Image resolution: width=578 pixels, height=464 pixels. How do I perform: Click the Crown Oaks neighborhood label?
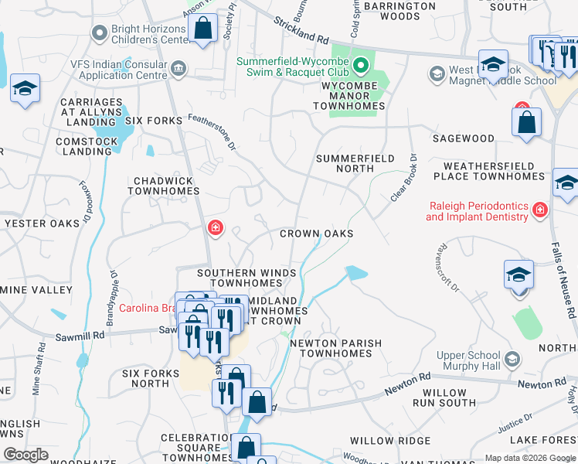(316, 234)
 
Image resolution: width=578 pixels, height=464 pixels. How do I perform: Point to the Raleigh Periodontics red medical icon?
(539, 209)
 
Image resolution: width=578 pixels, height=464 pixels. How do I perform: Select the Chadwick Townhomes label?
(164, 185)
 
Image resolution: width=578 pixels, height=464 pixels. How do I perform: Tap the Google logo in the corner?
(25, 455)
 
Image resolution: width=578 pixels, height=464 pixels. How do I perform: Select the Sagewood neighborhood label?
(464, 138)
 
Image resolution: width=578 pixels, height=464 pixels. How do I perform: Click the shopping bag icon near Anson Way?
(202, 30)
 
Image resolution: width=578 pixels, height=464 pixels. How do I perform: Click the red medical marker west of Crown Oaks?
(215, 227)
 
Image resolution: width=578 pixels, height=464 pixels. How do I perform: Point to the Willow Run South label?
(444, 397)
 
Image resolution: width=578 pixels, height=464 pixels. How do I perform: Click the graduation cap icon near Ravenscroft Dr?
(518, 277)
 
